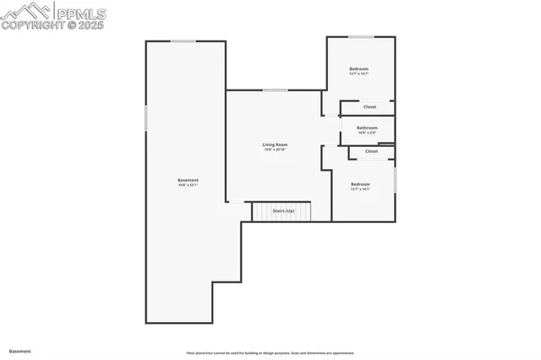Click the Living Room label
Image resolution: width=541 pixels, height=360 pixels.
click(275, 145)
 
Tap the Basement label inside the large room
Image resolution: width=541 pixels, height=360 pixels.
click(188, 180)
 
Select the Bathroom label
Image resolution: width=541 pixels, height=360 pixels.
click(367, 128)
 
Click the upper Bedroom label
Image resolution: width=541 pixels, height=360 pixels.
click(359, 68)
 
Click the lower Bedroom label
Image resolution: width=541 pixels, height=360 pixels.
click(361, 183)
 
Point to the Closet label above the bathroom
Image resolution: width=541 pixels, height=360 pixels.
click(369, 107)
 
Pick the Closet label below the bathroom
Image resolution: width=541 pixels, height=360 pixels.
click(372, 151)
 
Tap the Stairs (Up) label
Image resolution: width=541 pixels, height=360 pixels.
click(283, 210)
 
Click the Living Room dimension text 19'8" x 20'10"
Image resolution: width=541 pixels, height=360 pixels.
click(275, 150)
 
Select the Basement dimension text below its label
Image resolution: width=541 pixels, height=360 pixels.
click(188, 185)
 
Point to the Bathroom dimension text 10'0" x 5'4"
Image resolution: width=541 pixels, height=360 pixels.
click(367, 133)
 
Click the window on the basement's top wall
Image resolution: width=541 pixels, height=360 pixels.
click(183, 41)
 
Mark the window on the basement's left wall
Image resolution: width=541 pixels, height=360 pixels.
click(146, 117)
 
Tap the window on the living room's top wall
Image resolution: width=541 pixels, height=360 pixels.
click(274, 90)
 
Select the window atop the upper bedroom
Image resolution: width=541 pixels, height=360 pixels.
click(362, 36)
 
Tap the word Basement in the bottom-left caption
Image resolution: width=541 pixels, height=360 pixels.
click(19, 351)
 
